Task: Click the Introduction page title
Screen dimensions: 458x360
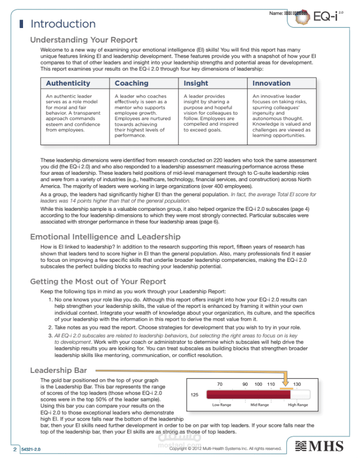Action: (x=63, y=24)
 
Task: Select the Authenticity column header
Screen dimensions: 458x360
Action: (x=68, y=84)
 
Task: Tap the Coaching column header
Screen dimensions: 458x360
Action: (x=132, y=84)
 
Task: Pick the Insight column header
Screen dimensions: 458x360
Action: (x=196, y=84)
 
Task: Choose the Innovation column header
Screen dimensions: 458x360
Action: (x=271, y=84)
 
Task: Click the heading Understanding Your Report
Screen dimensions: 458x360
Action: (x=84, y=40)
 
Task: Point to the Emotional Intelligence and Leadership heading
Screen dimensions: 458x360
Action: (x=105, y=237)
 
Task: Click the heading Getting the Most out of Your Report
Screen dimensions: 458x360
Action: (x=98, y=282)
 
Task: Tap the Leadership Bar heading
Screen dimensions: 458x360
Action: (x=59, y=370)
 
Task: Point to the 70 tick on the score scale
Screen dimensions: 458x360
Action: (x=219, y=384)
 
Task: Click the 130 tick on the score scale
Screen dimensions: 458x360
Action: (x=297, y=384)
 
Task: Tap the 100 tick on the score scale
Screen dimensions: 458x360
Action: (x=258, y=384)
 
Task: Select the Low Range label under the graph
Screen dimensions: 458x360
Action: (x=222, y=405)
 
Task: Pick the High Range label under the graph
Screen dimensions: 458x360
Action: (x=298, y=405)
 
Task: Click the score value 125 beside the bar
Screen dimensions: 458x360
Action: (x=195, y=394)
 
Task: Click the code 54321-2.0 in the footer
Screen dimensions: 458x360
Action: (x=31, y=449)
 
